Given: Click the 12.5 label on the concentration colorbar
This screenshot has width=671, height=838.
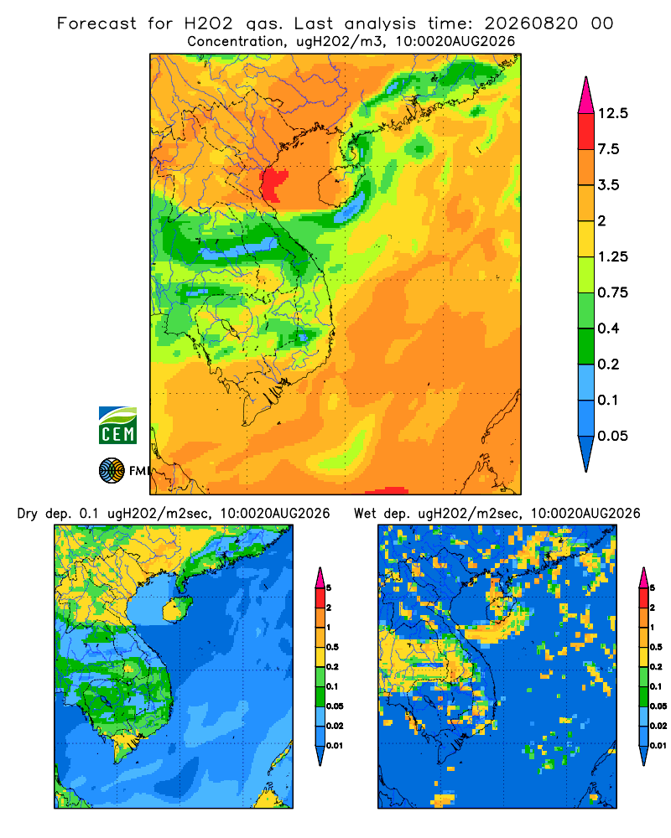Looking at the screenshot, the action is click(x=612, y=113).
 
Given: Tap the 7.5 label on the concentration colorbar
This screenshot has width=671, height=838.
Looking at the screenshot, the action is click(x=608, y=149).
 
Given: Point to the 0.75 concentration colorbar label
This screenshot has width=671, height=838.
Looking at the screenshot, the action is click(x=612, y=292).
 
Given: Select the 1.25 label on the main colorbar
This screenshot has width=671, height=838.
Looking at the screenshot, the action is click(x=612, y=256).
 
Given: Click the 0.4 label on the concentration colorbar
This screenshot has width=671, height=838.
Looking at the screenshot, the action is click(x=608, y=328).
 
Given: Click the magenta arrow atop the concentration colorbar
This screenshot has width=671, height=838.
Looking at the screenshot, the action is click(x=586, y=96).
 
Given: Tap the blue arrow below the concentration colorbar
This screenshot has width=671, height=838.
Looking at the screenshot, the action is click(x=586, y=453).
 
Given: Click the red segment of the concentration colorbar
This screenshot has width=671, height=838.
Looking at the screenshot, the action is click(x=586, y=132).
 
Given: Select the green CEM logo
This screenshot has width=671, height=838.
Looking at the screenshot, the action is click(x=117, y=426).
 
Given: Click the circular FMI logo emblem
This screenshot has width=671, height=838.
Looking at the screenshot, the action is click(x=112, y=471).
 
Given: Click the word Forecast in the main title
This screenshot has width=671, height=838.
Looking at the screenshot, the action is click(x=96, y=23).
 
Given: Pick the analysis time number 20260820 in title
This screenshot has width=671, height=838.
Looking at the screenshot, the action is click(x=531, y=23).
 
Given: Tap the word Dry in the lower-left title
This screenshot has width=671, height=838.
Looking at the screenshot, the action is click(x=28, y=514).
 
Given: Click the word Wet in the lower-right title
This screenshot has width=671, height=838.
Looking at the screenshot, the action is click(x=365, y=514).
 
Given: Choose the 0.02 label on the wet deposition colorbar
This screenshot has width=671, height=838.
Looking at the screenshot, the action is click(x=658, y=726).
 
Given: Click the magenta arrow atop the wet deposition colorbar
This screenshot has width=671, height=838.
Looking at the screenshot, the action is click(x=643, y=577).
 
